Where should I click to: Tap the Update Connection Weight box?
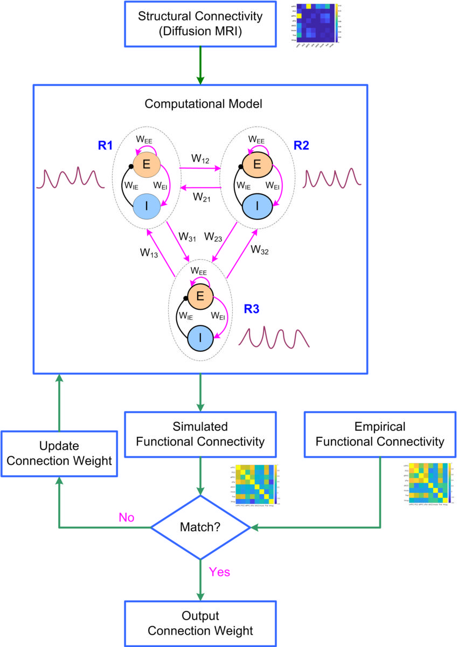coord(59,454)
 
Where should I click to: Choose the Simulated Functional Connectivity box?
coord(200,435)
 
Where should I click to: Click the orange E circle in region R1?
coord(144,164)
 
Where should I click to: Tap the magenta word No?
coord(127,518)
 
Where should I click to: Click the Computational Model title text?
coord(200,104)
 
